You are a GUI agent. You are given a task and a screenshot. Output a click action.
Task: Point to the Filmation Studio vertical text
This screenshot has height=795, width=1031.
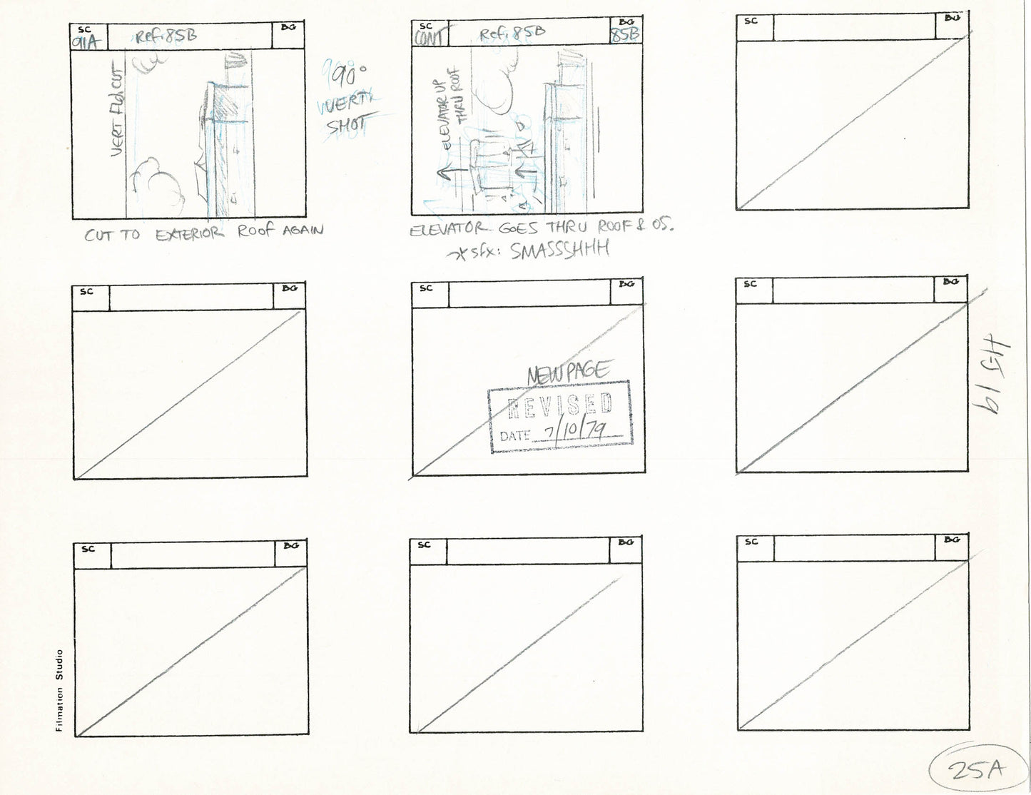pyautogui.click(x=60, y=689)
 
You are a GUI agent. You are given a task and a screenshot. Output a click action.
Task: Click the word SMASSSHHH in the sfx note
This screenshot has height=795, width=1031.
pyautogui.click(x=560, y=250)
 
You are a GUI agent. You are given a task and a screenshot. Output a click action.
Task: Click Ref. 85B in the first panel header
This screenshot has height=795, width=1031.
pyautogui.click(x=166, y=36)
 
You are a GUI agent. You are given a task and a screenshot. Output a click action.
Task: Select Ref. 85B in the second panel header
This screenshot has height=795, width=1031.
pyautogui.click(x=512, y=33)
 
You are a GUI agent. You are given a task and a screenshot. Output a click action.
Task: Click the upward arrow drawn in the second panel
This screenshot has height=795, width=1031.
pyautogui.click(x=441, y=171)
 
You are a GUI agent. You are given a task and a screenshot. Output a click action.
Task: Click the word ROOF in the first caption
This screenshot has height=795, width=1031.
pyautogui.click(x=256, y=231)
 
